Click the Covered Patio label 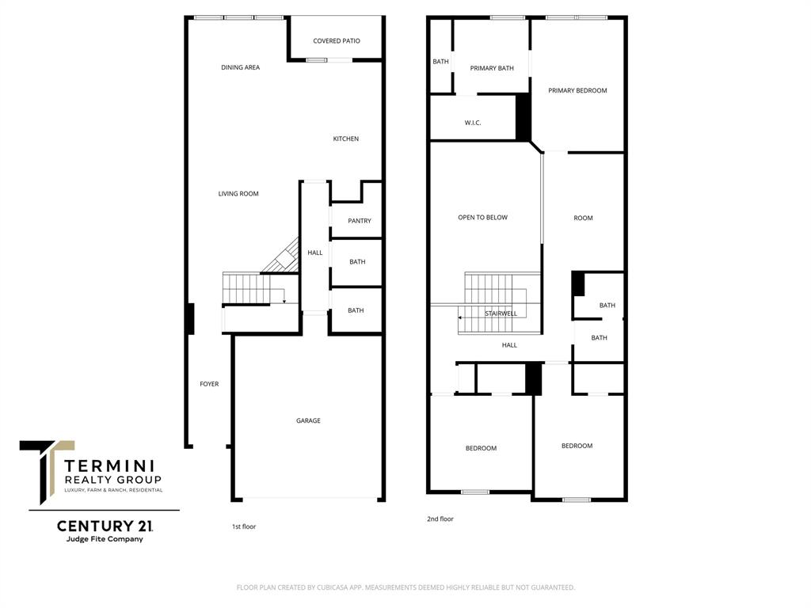tap(337, 41)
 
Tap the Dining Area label tap(240, 68)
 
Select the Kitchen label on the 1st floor tap(345, 139)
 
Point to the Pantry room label tap(359, 222)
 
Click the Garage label tap(308, 421)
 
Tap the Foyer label tap(209, 385)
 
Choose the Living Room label tap(238, 194)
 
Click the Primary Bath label tap(492, 69)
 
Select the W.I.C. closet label tap(473, 123)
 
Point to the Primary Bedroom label tap(577, 91)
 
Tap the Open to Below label tap(482, 218)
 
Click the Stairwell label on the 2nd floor tap(501, 313)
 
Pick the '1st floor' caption tap(244, 526)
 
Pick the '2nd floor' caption tap(440, 519)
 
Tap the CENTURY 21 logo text tap(105, 526)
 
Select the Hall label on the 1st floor tap(315, 253)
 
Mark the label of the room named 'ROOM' tap(583, 218)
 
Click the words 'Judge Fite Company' tap(105, 540)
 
